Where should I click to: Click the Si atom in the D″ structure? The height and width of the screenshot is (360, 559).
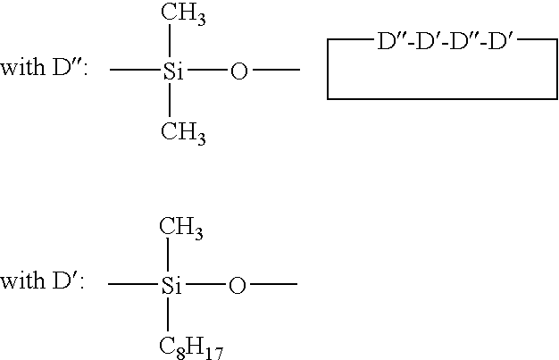coord(173,71)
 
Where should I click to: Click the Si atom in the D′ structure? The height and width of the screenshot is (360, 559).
coord(171,286)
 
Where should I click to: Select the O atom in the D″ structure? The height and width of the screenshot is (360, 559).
coord(238,71)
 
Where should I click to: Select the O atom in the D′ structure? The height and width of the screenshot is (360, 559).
coord(237,286)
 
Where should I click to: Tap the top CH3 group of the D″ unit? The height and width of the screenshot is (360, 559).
coord(183,14)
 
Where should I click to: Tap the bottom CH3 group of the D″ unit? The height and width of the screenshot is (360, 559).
coord(183,134)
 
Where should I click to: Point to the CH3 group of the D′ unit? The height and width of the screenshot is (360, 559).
coord(181,229)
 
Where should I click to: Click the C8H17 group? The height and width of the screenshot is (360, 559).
coord(191,348)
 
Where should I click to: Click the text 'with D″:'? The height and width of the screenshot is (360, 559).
coord(44,67)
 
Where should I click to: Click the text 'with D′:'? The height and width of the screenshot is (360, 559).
coord(43,280)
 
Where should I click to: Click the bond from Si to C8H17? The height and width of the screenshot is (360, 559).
coord(168,314)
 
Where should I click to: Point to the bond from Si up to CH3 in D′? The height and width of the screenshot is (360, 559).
coord(168,255)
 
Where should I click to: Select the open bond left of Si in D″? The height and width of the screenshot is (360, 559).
coord(135,70)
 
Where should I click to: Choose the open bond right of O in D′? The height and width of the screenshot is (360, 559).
coord(274,284)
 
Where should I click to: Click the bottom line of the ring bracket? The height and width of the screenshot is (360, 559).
coord(442,98)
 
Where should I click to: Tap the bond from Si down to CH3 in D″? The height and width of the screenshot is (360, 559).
coord(170,100)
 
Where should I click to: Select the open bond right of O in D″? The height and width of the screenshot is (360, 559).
coord(276,70)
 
